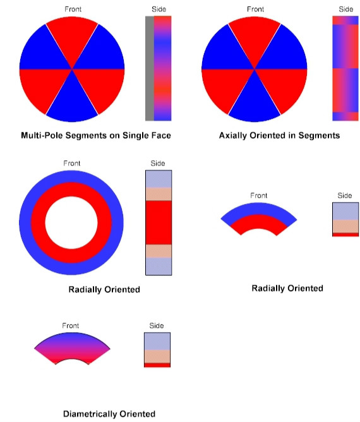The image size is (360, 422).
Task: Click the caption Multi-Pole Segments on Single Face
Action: coord(96,135)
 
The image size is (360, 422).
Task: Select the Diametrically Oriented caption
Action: coord(109,414)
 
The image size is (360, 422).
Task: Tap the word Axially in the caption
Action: coord(233,135)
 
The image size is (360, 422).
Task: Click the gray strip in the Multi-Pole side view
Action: coord(150,68)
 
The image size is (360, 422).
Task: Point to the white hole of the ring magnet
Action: coord(71,222)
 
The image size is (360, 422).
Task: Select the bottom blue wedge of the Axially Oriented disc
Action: coord(255,102)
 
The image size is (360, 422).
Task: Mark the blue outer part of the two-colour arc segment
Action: coord(258,208)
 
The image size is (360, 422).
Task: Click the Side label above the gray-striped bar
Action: coord(159,9)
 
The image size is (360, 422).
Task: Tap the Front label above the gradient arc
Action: coord(71,325)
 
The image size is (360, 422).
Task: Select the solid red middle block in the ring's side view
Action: coord(159,222)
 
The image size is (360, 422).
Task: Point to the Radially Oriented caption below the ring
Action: coord(104,289)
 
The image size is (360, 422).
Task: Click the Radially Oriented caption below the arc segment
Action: coord(287,288)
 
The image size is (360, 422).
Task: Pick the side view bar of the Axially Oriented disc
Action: coord(345,68)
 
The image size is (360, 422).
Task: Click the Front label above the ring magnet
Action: coord(72,164)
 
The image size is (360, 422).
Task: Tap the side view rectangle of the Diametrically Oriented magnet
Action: coord(157,350)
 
